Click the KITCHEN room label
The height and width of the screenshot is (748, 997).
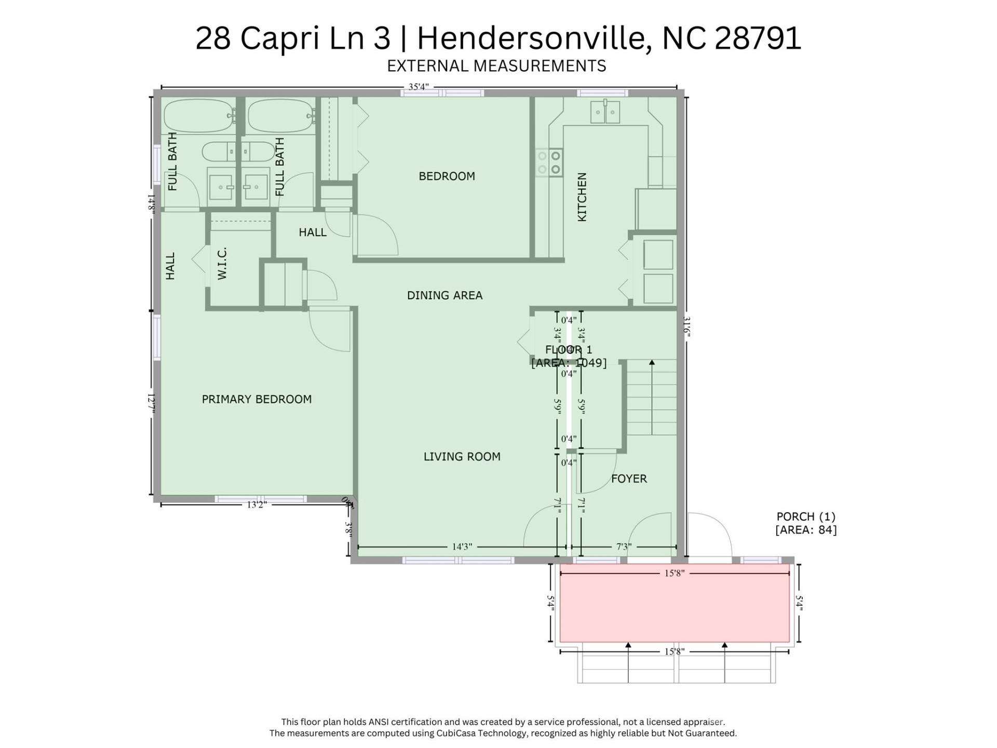(582, 197)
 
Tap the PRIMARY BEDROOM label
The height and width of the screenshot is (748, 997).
(257, 399)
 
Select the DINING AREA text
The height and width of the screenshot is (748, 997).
(444, 295)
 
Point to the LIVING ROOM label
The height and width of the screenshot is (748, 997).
(462, 456)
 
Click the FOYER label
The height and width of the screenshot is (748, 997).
(628, 478)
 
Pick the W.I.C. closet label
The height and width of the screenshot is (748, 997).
(222, 263)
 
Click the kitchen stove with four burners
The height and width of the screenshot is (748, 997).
(549, 163)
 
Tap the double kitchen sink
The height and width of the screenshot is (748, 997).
(605, 112)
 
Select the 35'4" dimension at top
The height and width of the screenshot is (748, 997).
(418, 87)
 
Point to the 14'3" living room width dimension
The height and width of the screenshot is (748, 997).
(462, 546)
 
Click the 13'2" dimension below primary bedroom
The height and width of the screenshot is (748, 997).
(257, 504)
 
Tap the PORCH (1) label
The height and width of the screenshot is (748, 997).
(805, 516)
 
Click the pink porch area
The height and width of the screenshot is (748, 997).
(674, 608)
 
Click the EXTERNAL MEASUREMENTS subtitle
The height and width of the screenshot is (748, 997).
(496, 66)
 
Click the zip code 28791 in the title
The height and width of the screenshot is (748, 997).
(758, 38)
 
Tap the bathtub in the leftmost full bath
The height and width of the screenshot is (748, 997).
(198, 115)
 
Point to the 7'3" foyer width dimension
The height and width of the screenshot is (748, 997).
(623, 546)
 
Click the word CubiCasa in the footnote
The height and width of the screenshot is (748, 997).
(459, 733)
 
